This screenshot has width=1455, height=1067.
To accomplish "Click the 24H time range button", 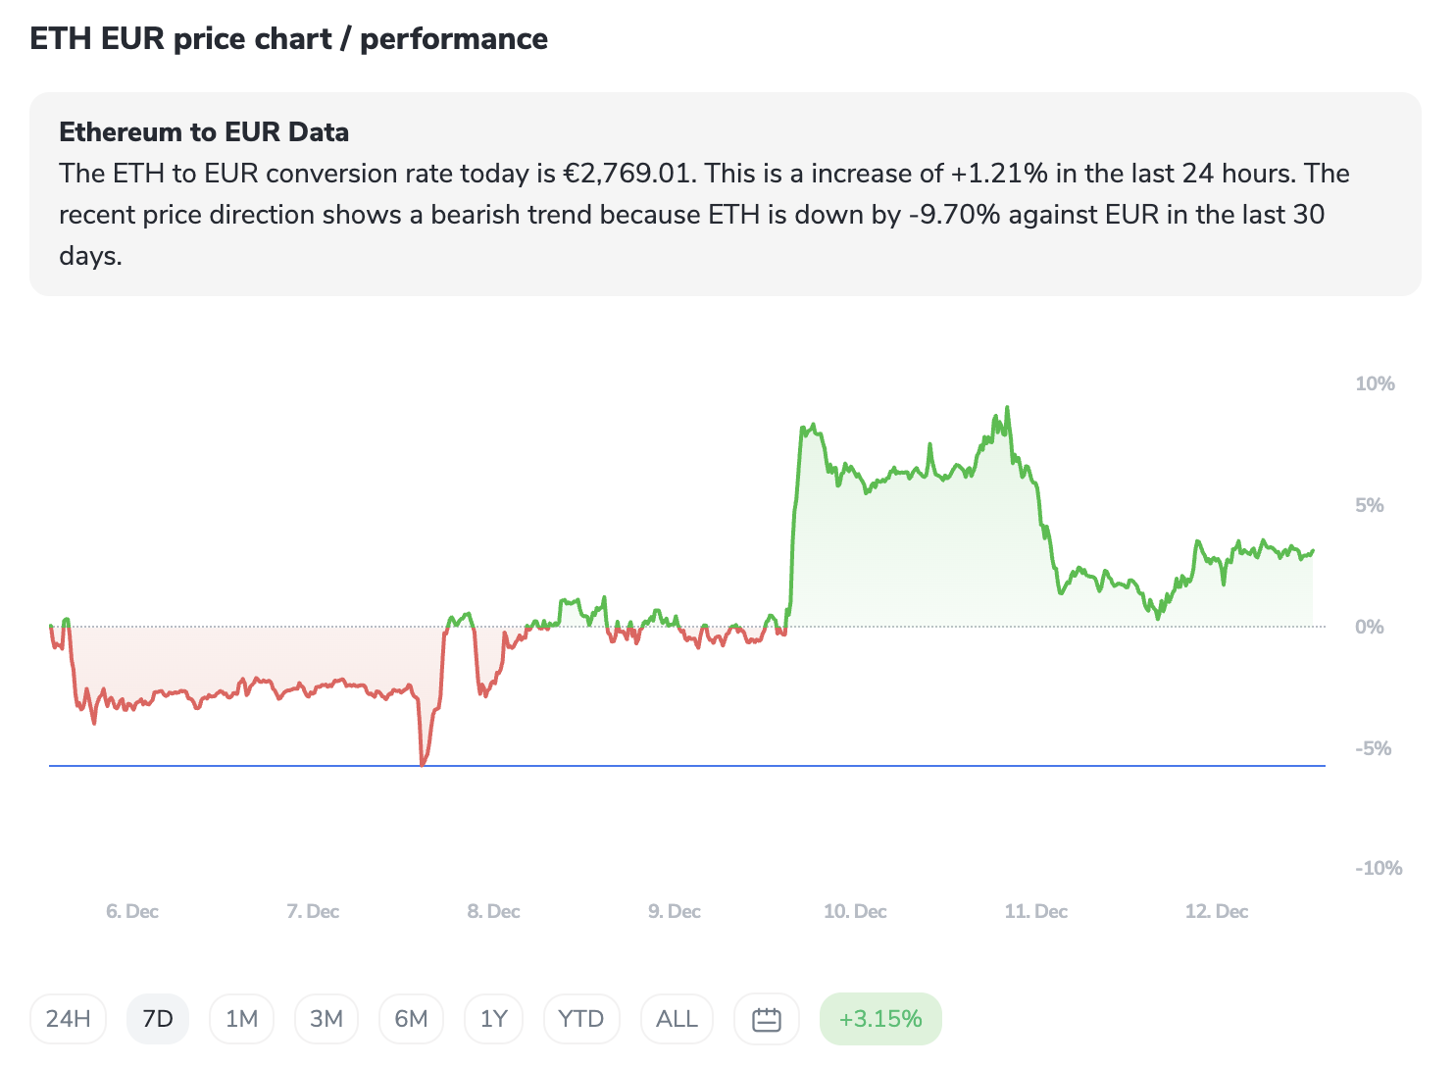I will click(x=68, y=1019).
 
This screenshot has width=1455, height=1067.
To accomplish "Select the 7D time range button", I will click(x=158, y=1019).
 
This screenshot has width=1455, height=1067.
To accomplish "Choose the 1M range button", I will click(x=241, y=1019).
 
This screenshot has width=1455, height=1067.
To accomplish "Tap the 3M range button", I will click(x=326, y=1019).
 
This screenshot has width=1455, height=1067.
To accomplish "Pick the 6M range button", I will click(x=411, y=1019).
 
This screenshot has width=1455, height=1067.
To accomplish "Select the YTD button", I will click(x=580, y=1019).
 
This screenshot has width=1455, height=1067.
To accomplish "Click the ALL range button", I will click(x=677, y=1019).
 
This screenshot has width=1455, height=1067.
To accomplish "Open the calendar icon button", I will click(x=766, y=1019).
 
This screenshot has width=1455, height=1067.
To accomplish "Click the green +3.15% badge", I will click(x=880, y=1019).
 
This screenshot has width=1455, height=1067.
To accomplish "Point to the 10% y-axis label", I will click(x=1375, y=383).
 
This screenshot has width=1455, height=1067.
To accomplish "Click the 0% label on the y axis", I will click(x=1369, y=627).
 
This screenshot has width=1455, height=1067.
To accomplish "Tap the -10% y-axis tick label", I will click(x=1379, y=868).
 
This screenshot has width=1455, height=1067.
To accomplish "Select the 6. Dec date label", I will click(x=132, y=911).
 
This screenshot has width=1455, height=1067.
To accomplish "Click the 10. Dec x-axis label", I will click(x=855, y=911).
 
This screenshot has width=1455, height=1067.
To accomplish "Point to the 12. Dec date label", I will click(x=1217, y=911).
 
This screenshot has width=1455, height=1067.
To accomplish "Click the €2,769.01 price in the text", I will click(x=627, y=174).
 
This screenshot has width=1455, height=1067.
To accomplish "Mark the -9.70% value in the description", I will click(x=954, y=215).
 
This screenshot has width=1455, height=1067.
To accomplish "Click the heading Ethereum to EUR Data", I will click(x=204, y=132).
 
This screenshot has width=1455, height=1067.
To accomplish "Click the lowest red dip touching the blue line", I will click(x=423, y=763).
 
